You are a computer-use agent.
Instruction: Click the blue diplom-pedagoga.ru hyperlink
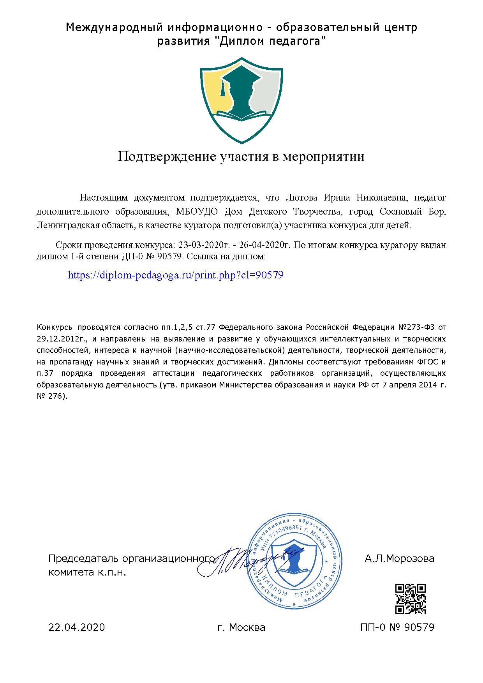175,275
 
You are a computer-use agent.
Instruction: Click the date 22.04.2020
77,627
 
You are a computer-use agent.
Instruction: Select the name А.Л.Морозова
399,559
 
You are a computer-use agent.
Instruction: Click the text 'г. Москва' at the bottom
241,627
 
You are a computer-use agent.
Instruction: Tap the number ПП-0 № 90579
397,627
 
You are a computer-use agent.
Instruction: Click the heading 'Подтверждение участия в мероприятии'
241,157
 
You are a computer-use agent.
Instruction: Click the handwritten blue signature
249,561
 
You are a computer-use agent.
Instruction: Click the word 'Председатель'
83,559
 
